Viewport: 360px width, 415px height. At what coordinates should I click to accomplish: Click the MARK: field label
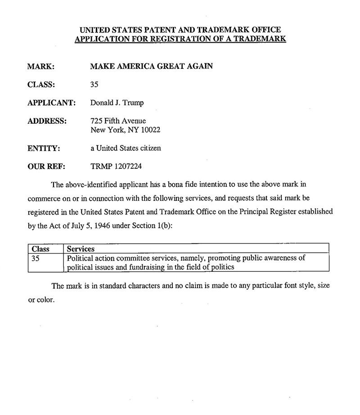click(x=41, y=66)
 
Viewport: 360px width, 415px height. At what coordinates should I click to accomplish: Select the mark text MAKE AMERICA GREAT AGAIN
click(x=152, y=66)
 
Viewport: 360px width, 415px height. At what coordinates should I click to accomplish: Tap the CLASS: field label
click(x=41, y=84)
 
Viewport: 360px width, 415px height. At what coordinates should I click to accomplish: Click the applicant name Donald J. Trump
click(x=117, y=103)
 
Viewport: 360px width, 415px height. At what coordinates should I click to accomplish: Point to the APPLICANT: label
click(x=51, y=103)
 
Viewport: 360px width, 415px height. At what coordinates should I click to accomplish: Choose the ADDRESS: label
click(x=47, y=121)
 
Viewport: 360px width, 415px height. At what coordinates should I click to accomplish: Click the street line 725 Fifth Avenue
click(x=118, y=121)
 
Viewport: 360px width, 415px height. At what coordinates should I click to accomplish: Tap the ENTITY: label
click(x=44, y=148)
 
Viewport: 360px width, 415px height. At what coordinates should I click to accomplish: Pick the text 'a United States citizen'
click(x=126, y=148)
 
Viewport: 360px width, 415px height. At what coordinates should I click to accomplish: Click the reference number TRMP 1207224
click(x=117, y=167)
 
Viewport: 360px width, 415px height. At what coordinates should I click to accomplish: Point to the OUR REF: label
click(x=47, y=167)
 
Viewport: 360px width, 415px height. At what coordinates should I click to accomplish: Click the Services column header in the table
click(x=81, y=249)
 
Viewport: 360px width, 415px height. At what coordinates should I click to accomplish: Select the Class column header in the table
click(x=40, y=249)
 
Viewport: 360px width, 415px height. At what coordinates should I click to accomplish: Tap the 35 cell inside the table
click(x=36, y=258)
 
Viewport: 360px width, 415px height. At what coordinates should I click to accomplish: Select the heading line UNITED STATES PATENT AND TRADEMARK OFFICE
click(x=180, y=30)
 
